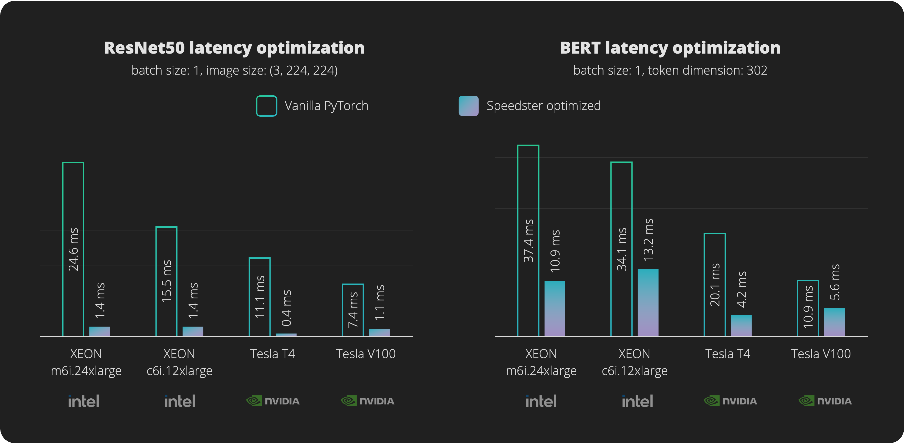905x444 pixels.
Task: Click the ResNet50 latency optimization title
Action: pos(234,48)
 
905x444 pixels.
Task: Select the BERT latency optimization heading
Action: pos(670,48)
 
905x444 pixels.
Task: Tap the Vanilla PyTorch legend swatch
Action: pos(266,106)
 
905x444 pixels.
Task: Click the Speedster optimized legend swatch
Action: pos(468,106)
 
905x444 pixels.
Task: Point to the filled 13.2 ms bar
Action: pos(648,302)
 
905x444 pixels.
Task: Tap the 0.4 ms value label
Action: pos(287,308)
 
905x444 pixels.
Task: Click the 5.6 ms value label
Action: pos(835,282)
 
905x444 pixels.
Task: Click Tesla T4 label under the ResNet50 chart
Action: pos(272,354)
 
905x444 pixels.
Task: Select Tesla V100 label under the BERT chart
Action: pos(821,354)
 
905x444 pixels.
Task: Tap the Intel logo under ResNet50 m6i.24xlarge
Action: pos(84,401)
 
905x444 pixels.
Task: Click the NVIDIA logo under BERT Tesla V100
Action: pos(825,401)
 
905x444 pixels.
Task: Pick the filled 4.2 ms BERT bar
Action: pos(741,326)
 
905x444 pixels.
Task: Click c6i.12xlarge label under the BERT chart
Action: pos(634,370)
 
